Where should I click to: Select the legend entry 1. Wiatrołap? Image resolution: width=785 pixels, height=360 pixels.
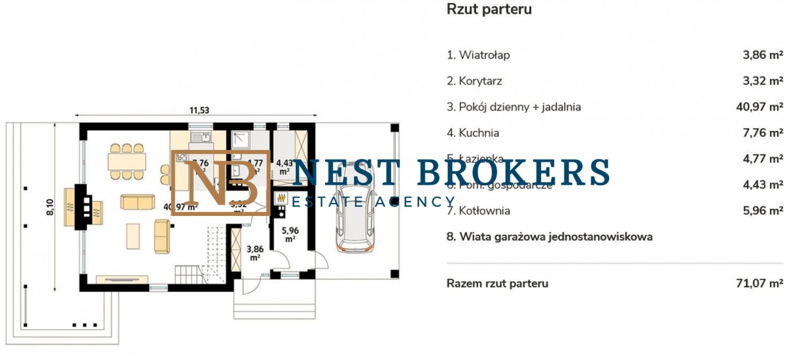(478, 55)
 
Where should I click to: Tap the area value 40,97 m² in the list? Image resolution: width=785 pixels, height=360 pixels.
(759, 107)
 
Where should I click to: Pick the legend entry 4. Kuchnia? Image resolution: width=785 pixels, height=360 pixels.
(473, 133)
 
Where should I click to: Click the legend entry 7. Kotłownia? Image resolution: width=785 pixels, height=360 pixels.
(478, 211)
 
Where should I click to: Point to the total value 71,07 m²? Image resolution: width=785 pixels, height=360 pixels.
(759, 283)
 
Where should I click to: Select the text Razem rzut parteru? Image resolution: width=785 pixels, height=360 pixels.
(497, 283)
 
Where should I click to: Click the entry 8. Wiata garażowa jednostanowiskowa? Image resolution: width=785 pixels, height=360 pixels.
(549, 237)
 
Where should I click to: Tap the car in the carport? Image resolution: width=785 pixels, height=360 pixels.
(356, 213)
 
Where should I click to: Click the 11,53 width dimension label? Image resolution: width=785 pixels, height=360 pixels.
(200, 110)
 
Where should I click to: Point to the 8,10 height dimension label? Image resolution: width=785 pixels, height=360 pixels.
(50, 208)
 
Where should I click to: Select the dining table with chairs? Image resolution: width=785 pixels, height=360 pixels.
(128, 161)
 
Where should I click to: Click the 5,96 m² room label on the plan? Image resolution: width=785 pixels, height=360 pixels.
(289, 234)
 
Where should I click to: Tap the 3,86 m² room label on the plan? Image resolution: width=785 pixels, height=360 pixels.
(255, 252)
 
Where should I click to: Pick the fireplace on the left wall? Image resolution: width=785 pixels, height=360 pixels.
(81, 207)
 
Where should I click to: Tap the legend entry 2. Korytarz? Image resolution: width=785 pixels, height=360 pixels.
(475, 81)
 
